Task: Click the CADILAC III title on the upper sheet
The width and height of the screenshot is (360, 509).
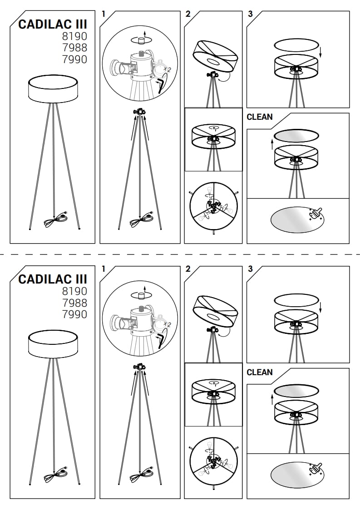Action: [x=53, y=24]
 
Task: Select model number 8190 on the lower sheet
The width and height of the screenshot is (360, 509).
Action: [x=75, y=291]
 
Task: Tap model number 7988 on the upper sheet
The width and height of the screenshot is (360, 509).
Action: [x=75, y=48]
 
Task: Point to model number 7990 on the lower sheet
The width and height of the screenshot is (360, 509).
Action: [x=75, y=314]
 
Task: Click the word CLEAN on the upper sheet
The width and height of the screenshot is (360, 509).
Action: [x=260, y=117]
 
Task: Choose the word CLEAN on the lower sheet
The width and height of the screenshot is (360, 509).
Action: [x=260, y=372]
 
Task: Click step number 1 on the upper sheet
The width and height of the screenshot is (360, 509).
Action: [x=104, y=14]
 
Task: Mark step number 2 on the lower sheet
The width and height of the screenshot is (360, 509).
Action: [x=188, y=269]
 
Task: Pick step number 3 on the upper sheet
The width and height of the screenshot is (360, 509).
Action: [x=250, y=14]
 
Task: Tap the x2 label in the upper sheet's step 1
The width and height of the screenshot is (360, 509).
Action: [x=168, y=69]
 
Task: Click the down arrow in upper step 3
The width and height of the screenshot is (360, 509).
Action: [x=321, y=51]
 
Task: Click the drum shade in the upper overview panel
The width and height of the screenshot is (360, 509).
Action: [x=53, y=88]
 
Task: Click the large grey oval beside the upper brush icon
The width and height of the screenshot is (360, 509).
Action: [x=296, y=219]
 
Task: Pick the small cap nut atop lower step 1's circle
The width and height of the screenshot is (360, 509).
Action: [x=141, y=295]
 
